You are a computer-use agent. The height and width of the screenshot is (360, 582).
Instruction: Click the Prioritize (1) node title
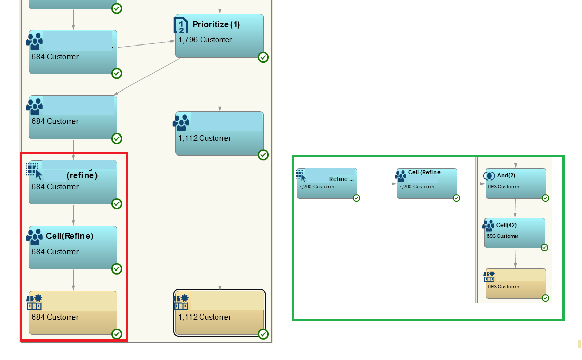tap(216, 24)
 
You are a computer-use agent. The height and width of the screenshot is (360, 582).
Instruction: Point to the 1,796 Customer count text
tap(205, 40)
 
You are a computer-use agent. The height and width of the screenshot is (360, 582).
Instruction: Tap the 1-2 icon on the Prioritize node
tap(180, 25)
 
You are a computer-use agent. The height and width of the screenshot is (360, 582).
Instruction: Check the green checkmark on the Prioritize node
tap(263, 57)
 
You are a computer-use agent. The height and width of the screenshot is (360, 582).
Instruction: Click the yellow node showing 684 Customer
tap(73, 312)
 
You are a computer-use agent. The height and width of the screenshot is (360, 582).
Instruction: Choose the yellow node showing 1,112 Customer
tap(219, 312)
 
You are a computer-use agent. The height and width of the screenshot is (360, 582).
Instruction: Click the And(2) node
tap(515, 183)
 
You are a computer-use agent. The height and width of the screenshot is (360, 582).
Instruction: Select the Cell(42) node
tap(514, 233)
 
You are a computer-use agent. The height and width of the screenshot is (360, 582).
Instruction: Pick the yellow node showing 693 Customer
tap(515, 283)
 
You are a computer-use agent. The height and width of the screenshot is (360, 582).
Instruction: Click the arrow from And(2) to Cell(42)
tap(515, 208)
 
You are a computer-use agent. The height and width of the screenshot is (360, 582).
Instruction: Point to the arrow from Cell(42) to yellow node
tap(515, 258)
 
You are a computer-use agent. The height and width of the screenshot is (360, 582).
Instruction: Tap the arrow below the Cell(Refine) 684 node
tap(74, 280)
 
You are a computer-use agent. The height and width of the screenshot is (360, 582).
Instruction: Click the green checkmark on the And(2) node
tap(546, 198)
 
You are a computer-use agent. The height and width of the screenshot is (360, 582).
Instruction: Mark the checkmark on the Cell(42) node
tap(544, 248)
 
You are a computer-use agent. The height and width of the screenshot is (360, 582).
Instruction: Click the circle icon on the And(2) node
tap(489, 176)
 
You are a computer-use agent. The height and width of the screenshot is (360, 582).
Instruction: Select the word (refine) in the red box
tap(82, 176)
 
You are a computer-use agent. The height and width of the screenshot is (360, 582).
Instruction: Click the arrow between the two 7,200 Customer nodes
tap(376, 184)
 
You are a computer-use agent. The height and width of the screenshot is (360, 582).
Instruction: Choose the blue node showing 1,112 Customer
tap(219, 133)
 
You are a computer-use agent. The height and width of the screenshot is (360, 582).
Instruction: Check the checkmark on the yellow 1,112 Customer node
tap(263, 334)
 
